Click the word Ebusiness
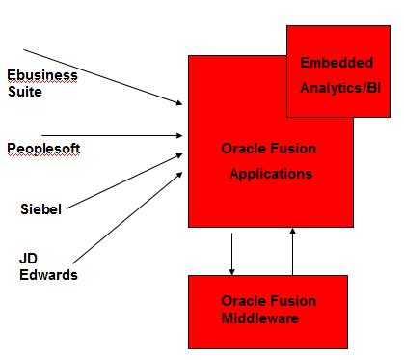pyautogui.click(x=42, y=75)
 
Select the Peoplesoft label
pyautogui.click(x=43, y=148)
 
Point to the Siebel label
pyautogui.click(x=41, y=208)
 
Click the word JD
pyautogui.click(x=28, y=259)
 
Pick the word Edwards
pyautogui.click(x=49, y=275)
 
